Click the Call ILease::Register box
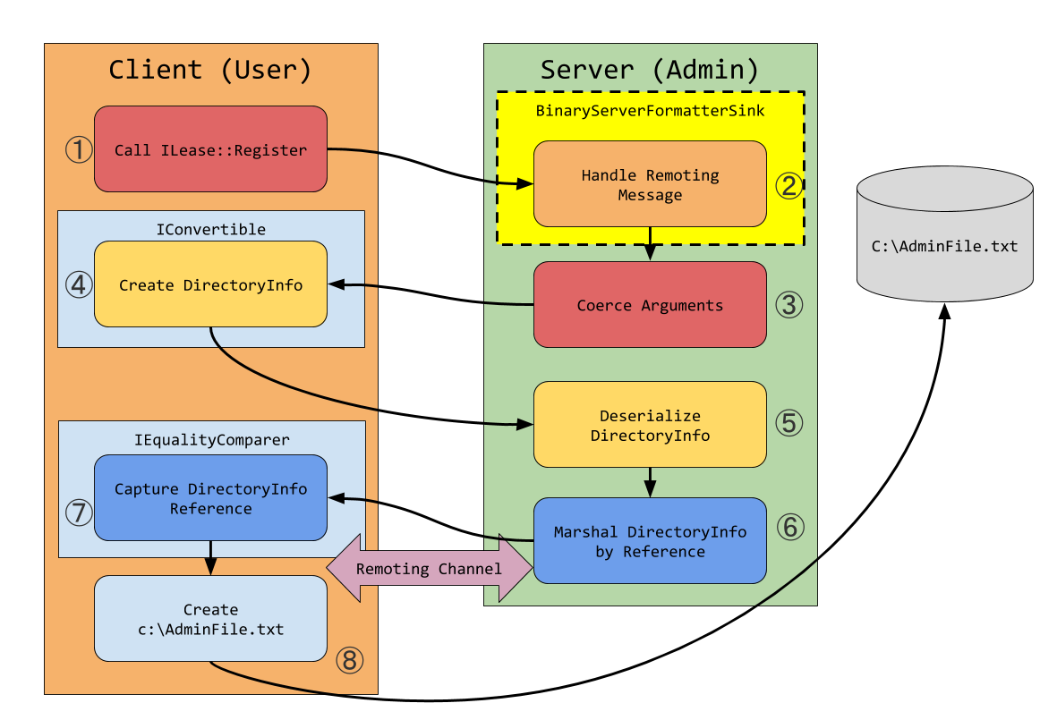click(210, 148)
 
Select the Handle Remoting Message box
click(650, 184)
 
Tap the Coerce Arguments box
click(650, 305)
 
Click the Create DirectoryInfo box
click(210, 284)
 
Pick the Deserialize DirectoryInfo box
click(650, 425)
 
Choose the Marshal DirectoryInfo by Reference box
click(650, 541)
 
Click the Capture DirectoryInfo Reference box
click(210, 498)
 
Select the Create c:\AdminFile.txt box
click(210, 619)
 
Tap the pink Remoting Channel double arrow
click(430, 569)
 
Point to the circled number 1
click(79, 149)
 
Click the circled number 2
click(789, 185)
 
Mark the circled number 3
click(789, 305)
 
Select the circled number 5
click(789, 422)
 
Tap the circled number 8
click(350, 660)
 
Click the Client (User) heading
click(210, 69)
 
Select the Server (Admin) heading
click(650, 69)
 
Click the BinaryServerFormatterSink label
click(650, 111)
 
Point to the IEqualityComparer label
click(211, 440)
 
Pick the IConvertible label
click(211, 230)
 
